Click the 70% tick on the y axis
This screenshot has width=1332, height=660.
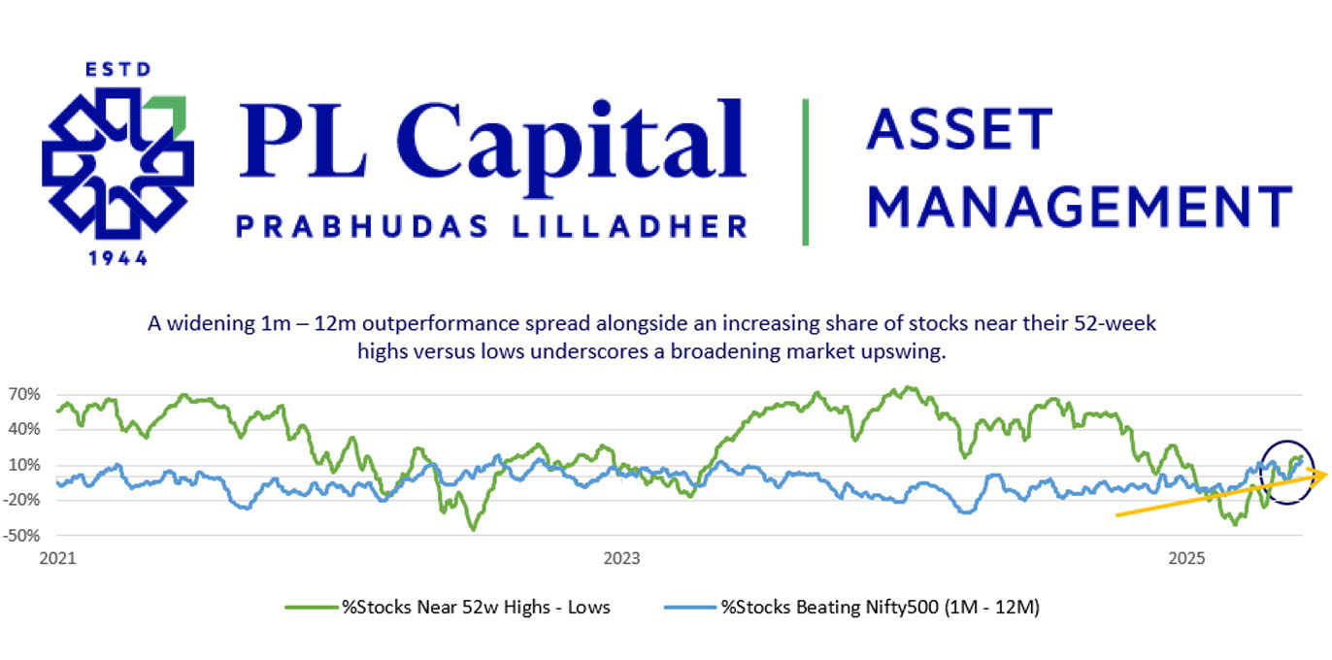pos(23,394)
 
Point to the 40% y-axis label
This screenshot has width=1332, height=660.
pos(23,429)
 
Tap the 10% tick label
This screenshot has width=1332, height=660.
pos(23,465)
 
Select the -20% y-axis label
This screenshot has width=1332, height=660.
pos(21,500)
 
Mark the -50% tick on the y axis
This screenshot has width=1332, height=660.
pos(21,535)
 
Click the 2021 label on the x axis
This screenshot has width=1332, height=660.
pos(57,558)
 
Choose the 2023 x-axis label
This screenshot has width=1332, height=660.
pos(621,558)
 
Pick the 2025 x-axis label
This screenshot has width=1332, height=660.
pos(1186,558)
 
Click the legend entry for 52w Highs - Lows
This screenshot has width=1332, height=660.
pos(448,607)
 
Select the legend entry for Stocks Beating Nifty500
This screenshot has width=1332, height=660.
pos(851,607)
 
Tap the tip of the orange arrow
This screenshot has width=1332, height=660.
pos(1327,474)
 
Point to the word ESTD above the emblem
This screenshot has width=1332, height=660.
pos(118,70)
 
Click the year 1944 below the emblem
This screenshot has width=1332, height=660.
pos(117,258)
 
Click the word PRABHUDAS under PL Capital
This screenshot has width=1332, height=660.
pos(363,226)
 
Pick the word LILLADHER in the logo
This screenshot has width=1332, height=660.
pos(630,226)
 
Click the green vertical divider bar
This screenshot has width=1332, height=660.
pos(805,172)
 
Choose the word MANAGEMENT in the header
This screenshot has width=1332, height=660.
pos(1080,207)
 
